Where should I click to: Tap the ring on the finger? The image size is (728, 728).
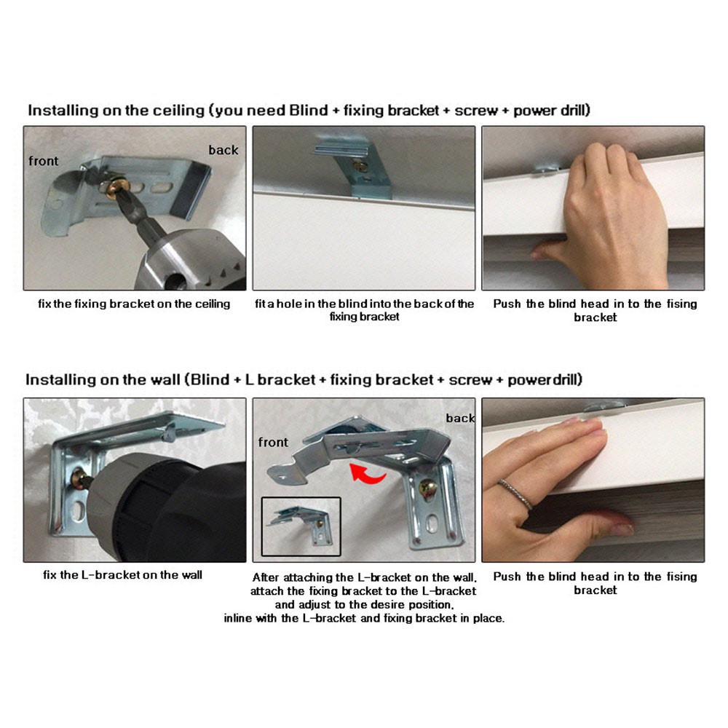tap(516, 494)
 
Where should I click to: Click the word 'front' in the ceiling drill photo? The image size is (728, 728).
tap(44, 161)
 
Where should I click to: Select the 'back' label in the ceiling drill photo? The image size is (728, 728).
tap(223, 150)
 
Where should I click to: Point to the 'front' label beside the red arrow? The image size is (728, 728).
tap(273, 443)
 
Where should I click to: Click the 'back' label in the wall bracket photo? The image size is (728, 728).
tap(460, 419)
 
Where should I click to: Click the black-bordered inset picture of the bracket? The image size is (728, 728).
tap(301, 526)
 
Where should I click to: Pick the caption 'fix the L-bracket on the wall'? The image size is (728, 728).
tap(122, 575)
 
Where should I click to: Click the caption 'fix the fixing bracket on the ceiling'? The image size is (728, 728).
tap(134, 304)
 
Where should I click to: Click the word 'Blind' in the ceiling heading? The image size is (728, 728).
tap(308, 111)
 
